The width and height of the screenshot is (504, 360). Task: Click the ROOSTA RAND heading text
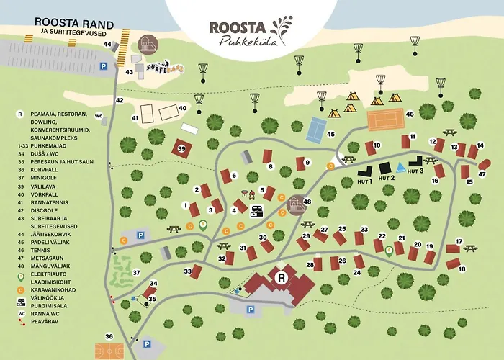[71, 21]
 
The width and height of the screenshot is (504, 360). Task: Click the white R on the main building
[282, 276]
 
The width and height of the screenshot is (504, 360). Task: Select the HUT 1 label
[366, 180]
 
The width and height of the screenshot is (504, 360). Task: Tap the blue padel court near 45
[315, 130]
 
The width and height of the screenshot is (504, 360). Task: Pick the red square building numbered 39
[181, 149]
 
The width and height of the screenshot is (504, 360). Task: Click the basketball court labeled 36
[108, 351]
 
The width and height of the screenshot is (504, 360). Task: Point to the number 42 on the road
[120, 100]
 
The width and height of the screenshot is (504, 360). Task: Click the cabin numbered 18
[454, 264]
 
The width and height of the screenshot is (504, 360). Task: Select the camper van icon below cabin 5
[256, 211]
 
